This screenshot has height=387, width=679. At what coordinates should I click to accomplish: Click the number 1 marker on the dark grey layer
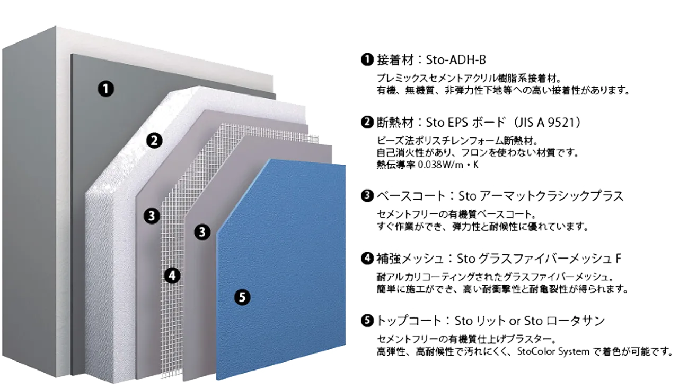pyautogui.click(x=106, y=89)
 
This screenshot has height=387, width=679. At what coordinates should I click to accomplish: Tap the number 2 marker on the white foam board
pyautogui.click(x=154, y=141)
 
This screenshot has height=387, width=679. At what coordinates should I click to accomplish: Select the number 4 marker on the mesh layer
pyautogui.click(x=172, y=276)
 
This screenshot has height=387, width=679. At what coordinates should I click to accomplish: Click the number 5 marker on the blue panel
pyautogui.click(x=242, y=297)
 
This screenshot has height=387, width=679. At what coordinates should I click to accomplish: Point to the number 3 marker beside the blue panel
pyautogui.click(x=202, y=232)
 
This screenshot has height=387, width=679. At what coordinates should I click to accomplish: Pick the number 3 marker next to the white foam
pyautogui.click(x=152, y=216)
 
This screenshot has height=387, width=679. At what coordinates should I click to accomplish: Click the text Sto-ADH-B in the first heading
pyautogui.click(x=456, y=60)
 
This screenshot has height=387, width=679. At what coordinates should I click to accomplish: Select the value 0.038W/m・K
pyautogui.click(x=448, y=165)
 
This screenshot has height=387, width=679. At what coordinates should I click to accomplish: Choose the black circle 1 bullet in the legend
pyautogui.click(x=367, y=59)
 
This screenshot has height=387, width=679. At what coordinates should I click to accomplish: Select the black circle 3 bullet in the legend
pyautogui.click(x=367, y=196)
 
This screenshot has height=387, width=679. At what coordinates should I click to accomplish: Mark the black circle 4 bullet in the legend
pyautogui.click(x=367, y=259)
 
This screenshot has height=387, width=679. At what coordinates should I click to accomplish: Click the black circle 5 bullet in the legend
pyautogui.click(x=367, y=321)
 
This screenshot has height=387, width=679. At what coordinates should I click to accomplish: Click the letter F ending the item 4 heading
pyautogui.click(x=618, y=259)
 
